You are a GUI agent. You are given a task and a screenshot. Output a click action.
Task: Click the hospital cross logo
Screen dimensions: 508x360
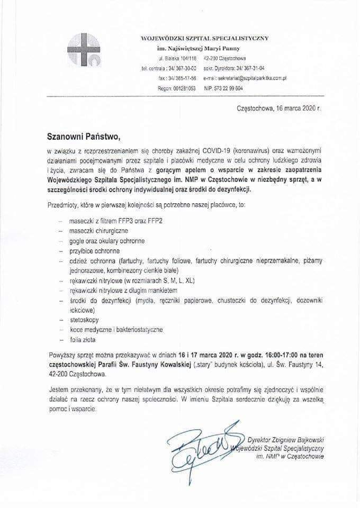pos(83,50)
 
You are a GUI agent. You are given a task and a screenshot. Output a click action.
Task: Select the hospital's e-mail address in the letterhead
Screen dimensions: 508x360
pos(252,78)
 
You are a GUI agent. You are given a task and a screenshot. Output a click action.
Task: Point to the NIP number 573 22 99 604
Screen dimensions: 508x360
pos(223,88)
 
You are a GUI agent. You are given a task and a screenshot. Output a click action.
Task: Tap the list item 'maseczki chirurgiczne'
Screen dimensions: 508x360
pos(98,231)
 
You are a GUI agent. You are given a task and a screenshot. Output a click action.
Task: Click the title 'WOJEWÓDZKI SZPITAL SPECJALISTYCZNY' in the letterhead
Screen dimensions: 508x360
pos(204,38)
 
